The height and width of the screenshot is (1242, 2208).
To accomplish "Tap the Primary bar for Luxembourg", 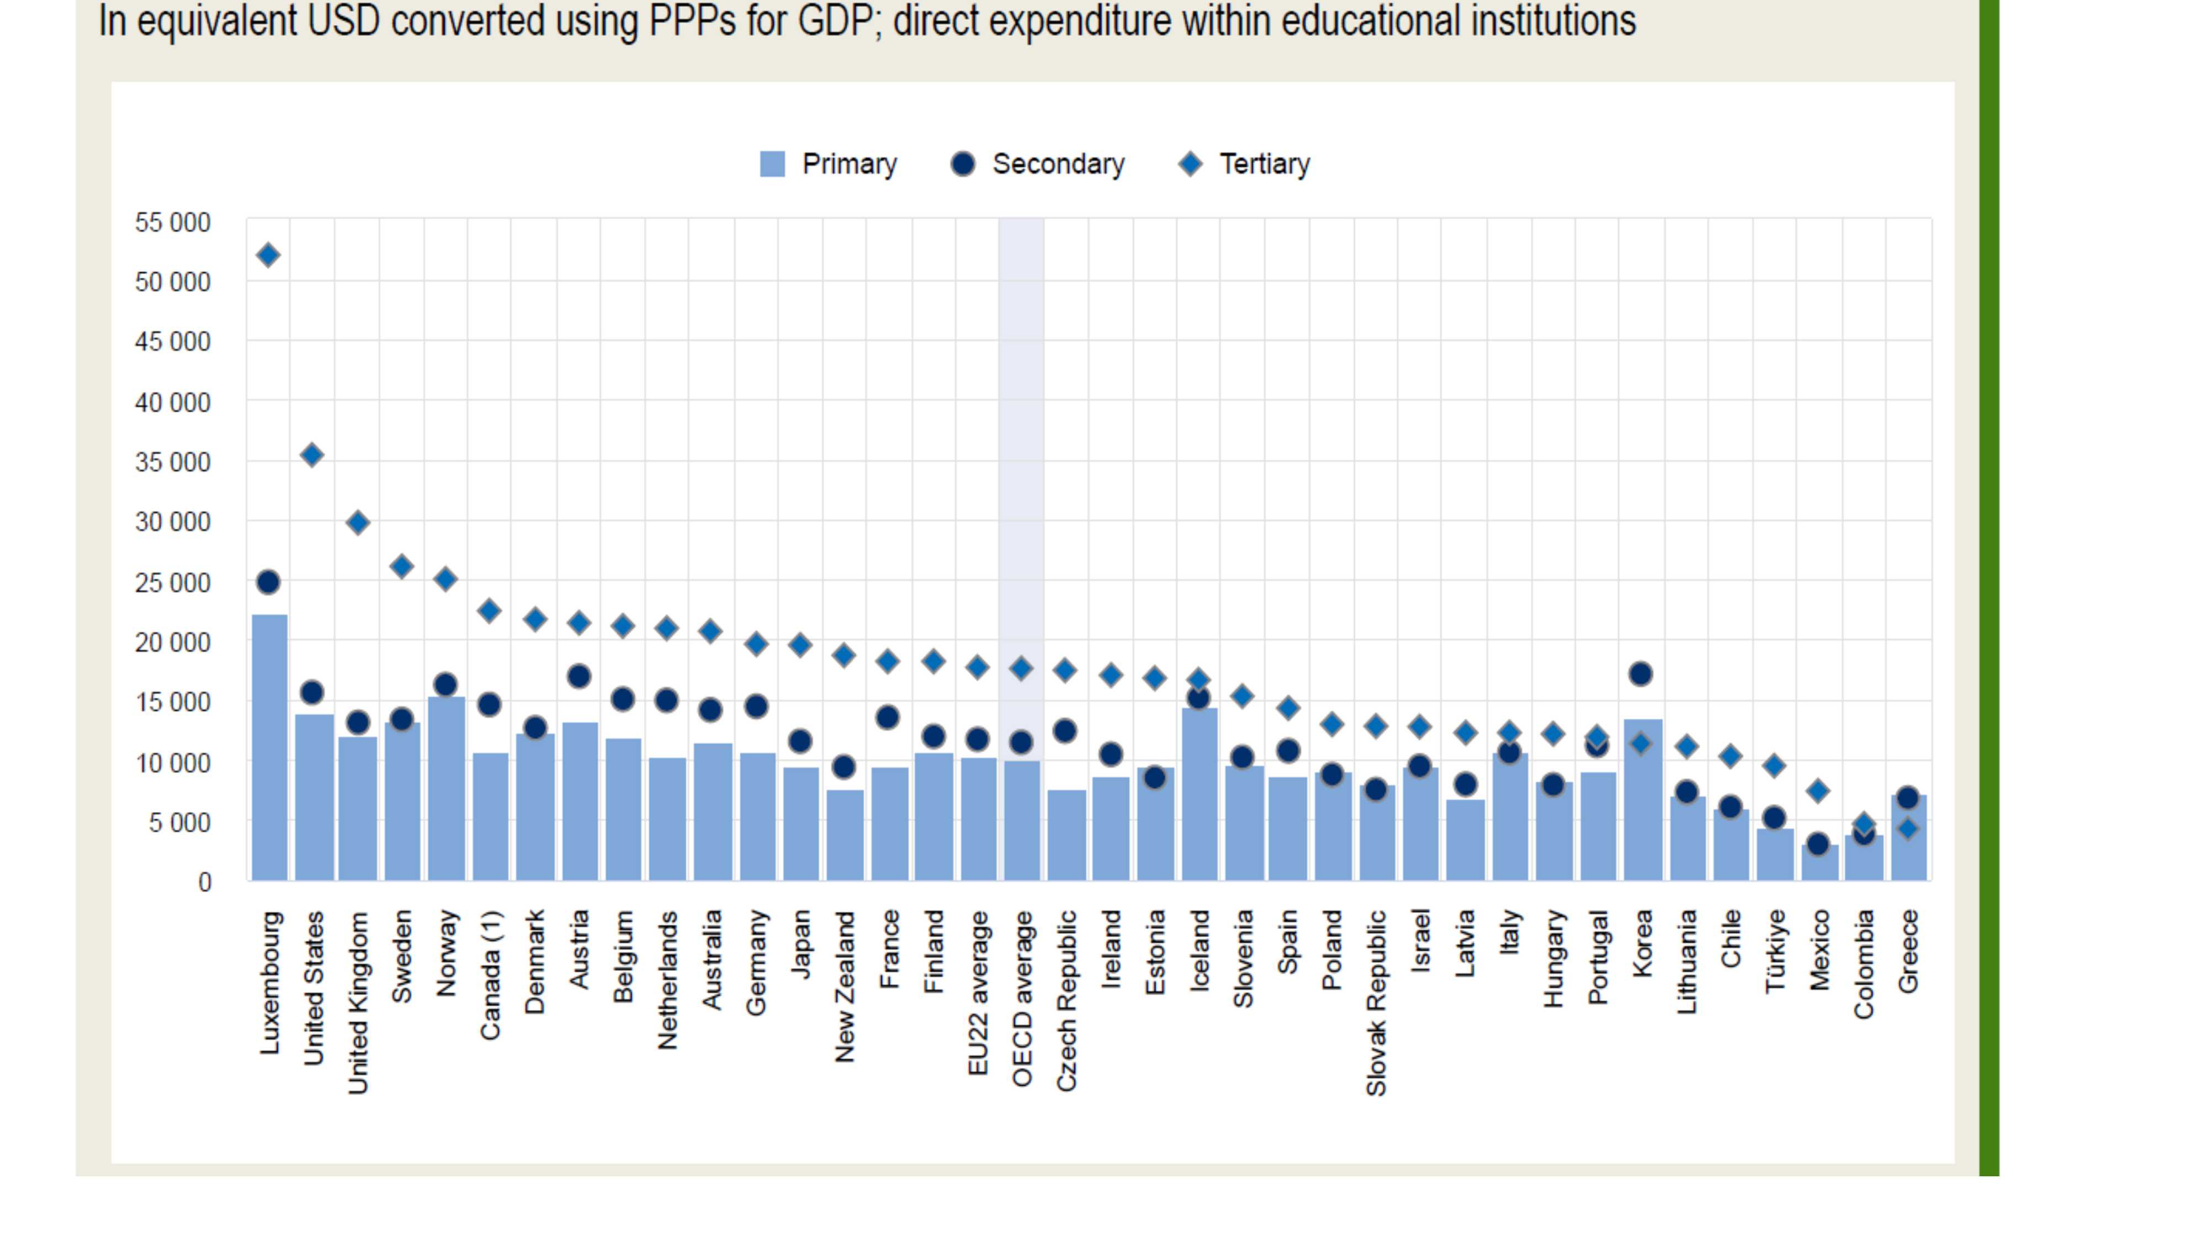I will (x=269, y=746).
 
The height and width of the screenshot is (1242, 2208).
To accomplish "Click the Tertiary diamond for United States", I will (x=312, y=455).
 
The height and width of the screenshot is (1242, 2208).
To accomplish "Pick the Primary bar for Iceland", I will (x=1199, y=793).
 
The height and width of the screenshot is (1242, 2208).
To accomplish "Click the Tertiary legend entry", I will (x=1245, y=164).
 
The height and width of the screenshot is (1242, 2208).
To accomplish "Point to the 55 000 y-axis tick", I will (x=172, y=223).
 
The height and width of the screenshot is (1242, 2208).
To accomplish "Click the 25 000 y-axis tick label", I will (x=172, y=583).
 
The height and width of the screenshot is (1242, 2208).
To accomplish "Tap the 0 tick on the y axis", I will (x=204, y=882).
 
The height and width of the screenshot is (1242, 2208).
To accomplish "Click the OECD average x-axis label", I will (x=1022, y=999).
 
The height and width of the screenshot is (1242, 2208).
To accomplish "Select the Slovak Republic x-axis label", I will (x=1376, y=1003).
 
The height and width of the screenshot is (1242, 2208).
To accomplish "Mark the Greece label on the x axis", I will (x=1908, y=952).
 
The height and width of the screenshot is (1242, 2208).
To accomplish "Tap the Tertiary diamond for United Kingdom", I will (x=358, y=523).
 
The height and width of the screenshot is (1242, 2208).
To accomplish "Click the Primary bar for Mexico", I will (x=1819, y=864).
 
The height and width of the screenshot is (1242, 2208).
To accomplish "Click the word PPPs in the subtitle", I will (x=692, y=20).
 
